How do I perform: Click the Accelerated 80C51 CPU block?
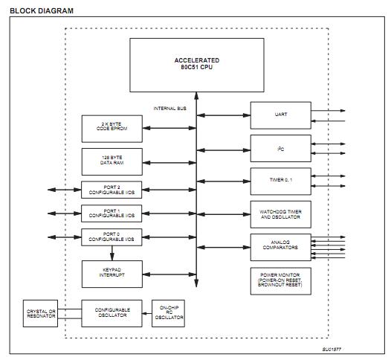pyautogui.click(x=197, y=64)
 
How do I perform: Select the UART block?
pyautogui.click(x=279, y=115)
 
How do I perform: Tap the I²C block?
pyautogui.click(x=279, y=147)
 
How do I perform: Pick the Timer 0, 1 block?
pyautogui.click(x=279, y=180)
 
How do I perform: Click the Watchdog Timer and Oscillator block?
pyautogui.click(x=279, y=213)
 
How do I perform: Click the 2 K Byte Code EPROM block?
pyautogui.click(x=107, y=128)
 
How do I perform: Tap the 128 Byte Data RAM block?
pyautogui.click(x=107, y=160)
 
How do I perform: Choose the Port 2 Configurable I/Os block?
pyautogui.click(x=107, y=189)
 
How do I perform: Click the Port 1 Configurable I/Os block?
pyautogui.click(x=107, y=213)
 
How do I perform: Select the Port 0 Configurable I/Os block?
pyautogui.click(x=107, y=238)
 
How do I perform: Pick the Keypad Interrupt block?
pyautogui.click(x=107, y=272)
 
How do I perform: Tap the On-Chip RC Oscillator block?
pyautogui.click(x=167, y=313)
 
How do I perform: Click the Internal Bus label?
pyautogui.click(x=169, y=109)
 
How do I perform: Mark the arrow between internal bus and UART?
pyautogui.click(x=223, y=115)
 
